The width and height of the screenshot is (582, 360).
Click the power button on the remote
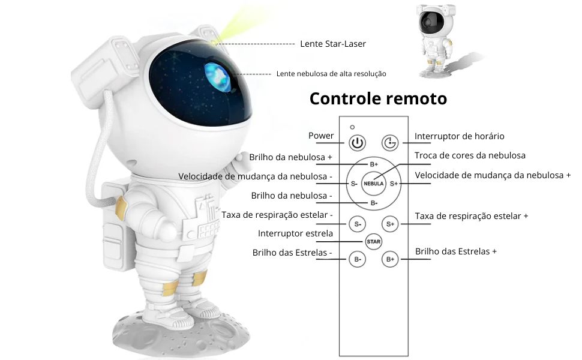point(357,143)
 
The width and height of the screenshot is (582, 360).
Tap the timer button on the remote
point(390,143)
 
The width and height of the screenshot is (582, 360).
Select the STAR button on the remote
point(373,242)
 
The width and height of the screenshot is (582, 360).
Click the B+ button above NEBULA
point(373,164)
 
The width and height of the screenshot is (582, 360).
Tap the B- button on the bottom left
point(358,259)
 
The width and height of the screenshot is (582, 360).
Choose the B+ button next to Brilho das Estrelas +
point(390,259)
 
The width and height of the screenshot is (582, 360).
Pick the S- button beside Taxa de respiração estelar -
point(358,224)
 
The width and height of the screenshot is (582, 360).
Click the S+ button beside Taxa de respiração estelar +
point(390,224)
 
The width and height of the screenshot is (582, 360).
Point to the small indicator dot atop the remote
point(352,127)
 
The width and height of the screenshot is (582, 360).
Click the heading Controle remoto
point(378,99)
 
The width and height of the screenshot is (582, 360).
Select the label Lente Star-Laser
point(333,44)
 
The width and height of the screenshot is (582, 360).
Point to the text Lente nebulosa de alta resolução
point(331,74)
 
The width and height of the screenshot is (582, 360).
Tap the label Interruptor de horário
point(459,136)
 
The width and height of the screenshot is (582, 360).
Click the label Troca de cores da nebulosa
point(470,155)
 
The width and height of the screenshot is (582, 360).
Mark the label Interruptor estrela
point(295,233)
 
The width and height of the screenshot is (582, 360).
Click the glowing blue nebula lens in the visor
point(218,77)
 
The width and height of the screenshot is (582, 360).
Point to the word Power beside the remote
point(321,136)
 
